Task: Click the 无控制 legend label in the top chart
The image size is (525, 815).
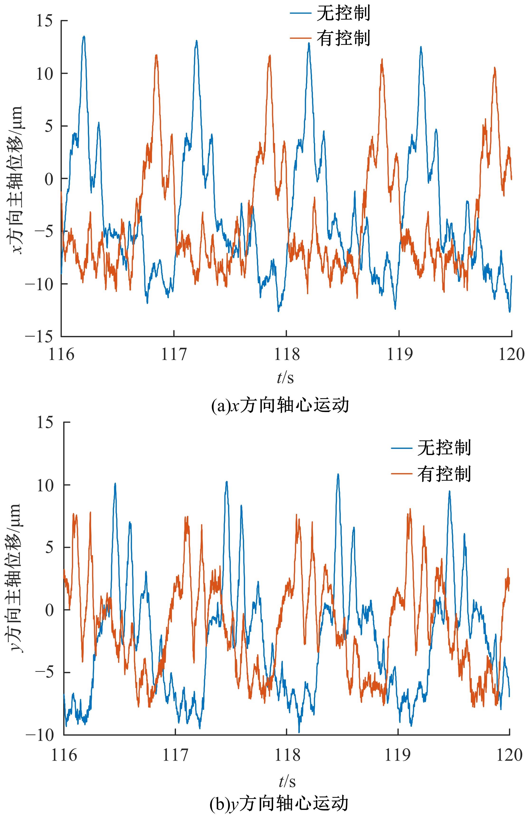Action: tap(343, 14)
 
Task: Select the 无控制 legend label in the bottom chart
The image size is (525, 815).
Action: tap(444, 447)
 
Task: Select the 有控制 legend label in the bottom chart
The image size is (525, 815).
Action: tap(444, 474)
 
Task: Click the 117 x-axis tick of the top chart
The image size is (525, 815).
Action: tap(174, 355)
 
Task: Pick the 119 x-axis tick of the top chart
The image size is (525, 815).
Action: tap(399, 355)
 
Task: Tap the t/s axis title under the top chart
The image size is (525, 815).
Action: tap(286, 378)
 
